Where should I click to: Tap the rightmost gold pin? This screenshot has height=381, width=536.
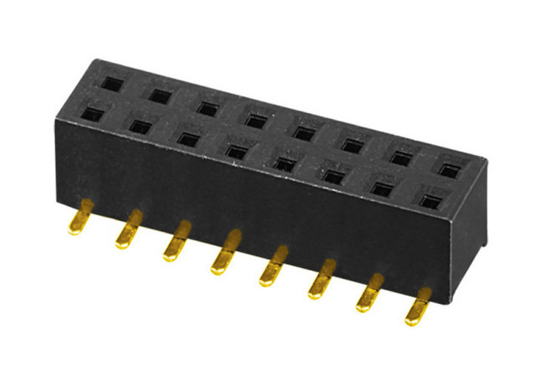pyautogui.click(x=418, y=309)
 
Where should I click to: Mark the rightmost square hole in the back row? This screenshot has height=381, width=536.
pyautogui.click(x=451, y=170)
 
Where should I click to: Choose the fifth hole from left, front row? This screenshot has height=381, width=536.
pyautogui.click(x=286, y=163)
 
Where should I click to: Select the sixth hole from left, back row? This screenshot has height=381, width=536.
pyautogui.click(x=353, y=145)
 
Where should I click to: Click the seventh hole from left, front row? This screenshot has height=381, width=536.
pyautogui.click(x=384, y=188)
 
